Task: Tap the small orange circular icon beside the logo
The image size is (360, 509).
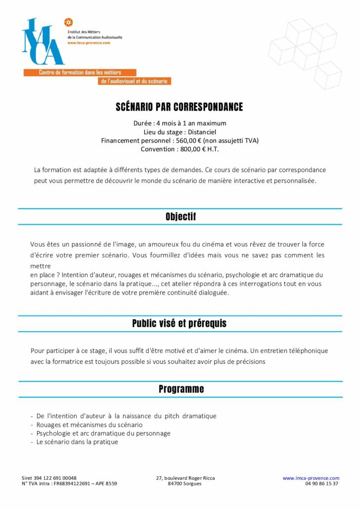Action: (69, 22)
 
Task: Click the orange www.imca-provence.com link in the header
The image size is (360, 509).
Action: (89, 43)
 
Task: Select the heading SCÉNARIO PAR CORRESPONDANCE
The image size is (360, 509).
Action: (180, 107)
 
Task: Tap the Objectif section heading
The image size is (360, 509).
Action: (180, 216)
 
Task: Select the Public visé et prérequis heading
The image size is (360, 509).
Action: (180, 324)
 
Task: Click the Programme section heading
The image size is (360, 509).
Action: (181, 389)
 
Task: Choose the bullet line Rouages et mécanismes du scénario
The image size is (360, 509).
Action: (90, 424)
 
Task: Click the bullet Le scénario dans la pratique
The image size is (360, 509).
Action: (77, 442)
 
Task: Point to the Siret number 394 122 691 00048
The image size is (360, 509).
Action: (55, 478)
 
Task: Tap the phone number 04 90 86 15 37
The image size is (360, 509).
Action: (322, 484)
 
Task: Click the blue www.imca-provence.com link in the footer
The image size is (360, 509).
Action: (311, 478)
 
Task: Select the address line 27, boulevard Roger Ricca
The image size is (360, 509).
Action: (185, 478)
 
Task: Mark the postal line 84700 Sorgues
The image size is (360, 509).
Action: (184, 484)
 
